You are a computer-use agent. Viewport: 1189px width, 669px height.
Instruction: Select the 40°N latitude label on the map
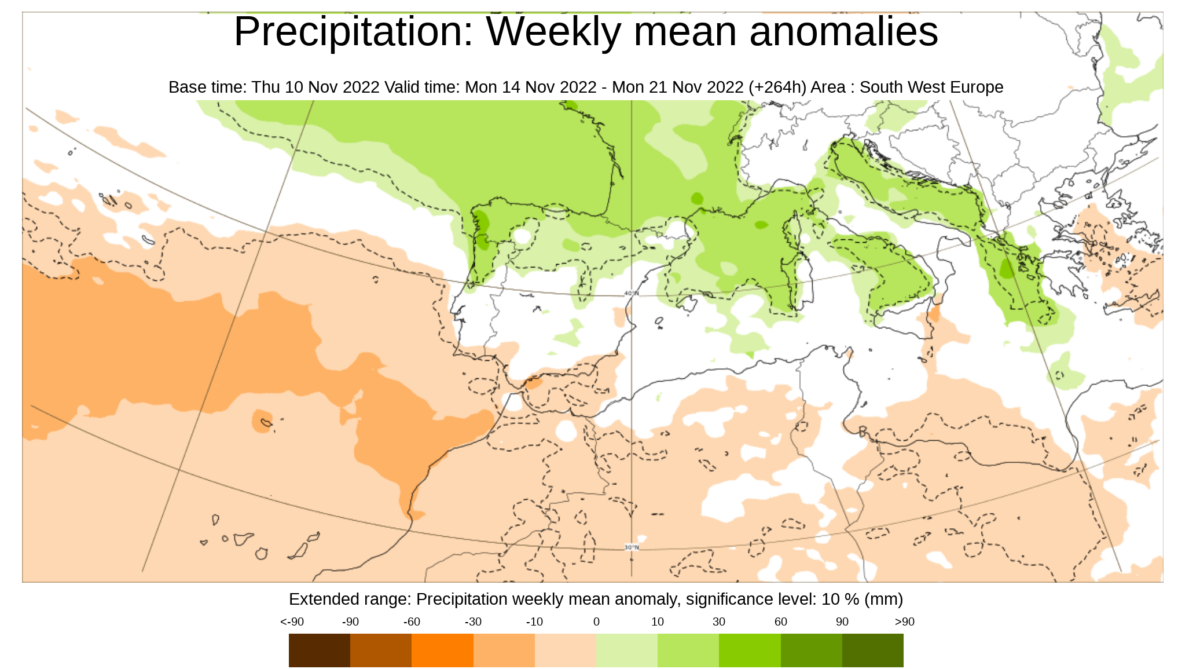pyautogui.click(x=632, y=294)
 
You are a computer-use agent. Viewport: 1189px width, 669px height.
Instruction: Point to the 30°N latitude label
pyautogui.click(x=632, y=547)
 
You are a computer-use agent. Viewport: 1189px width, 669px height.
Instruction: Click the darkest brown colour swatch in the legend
pyautogui.click(x=320, y=650)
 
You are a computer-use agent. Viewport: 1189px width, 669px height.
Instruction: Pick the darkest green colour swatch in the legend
pyautogui.click(x=872, y=650)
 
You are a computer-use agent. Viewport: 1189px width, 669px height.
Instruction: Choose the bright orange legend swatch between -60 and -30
pyautogui.click(x=442, y=650)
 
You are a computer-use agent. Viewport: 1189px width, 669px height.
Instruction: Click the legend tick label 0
pyautogui.click(x=596, y=622)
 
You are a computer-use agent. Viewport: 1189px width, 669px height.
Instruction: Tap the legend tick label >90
pyautogui.click(x=904, y=622)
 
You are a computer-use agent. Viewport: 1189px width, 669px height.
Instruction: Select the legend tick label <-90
pyautogui.click(x=292, y=622)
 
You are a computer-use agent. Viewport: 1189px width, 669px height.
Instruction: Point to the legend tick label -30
pyautogui.click(x=473, y=622)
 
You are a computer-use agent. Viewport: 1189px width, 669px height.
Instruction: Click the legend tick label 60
pyautogui.click(x=780, y=622)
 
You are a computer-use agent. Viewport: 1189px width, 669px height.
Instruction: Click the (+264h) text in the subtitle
pyautogui.click(x=777, y=87)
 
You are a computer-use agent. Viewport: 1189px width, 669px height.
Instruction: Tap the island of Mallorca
pyautogui.click(x=687, y=304)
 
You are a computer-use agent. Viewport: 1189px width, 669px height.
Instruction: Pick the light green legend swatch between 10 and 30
pyautogui.click(x=688, y=650)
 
